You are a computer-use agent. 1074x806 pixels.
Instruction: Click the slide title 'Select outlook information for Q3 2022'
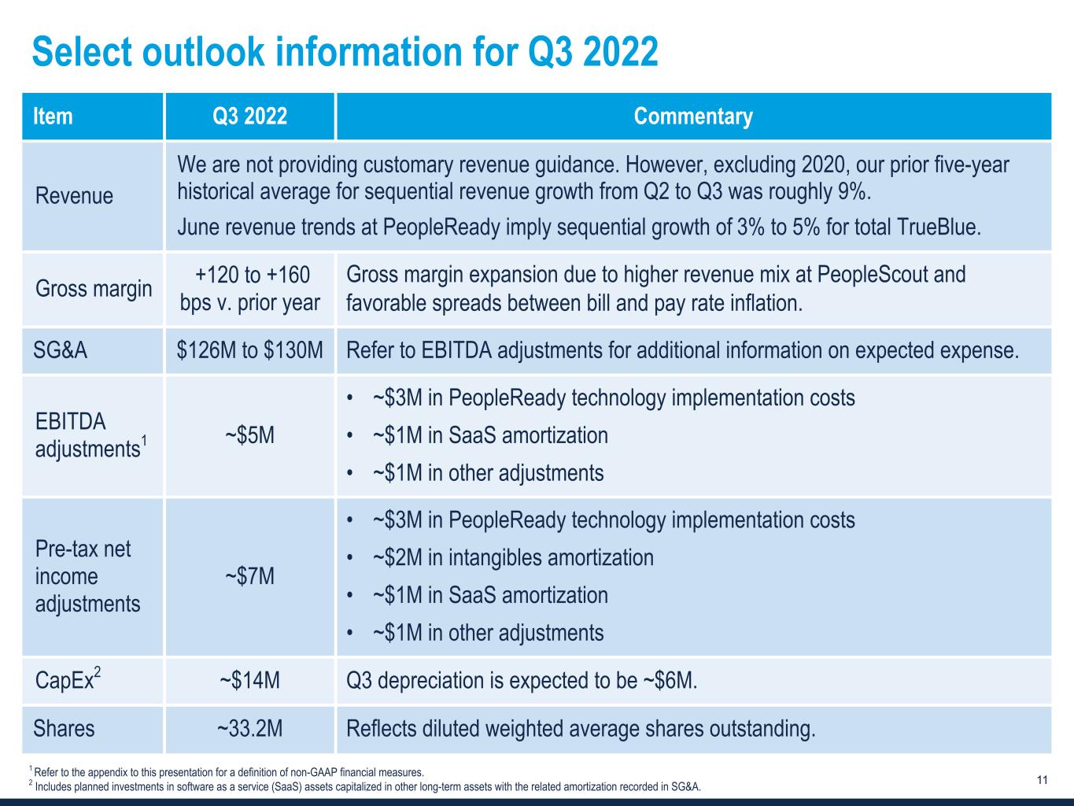click(345, 53)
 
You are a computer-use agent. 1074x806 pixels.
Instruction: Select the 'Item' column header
click(53, 116)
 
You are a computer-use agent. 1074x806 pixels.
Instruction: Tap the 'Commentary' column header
click(692, 116)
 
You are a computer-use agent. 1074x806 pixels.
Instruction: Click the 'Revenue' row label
click(74, 195)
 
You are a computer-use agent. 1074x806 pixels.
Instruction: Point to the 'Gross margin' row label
click(93, 289)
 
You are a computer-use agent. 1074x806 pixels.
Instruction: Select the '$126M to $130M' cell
click(249, 350)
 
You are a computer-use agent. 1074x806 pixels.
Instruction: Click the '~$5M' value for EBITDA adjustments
click(249, 435)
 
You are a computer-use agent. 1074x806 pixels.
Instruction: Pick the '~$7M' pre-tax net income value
click(249, 576)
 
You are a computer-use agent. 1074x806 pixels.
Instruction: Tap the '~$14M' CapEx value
click(249, 680)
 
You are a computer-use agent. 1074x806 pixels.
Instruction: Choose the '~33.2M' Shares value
click(249, 729)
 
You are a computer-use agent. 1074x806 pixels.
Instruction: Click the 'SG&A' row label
click(61, 350)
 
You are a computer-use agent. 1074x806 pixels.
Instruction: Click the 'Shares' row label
click(64, 729)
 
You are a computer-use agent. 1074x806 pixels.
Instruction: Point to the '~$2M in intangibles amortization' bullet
click(512, 557)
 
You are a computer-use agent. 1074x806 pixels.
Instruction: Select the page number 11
click(1043, 780)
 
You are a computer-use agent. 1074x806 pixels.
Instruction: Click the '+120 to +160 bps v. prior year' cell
click(249, 289)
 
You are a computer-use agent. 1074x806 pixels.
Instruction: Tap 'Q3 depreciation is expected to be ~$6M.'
click(522, 680)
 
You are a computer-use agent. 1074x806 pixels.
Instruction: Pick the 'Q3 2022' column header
click(249, 116)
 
